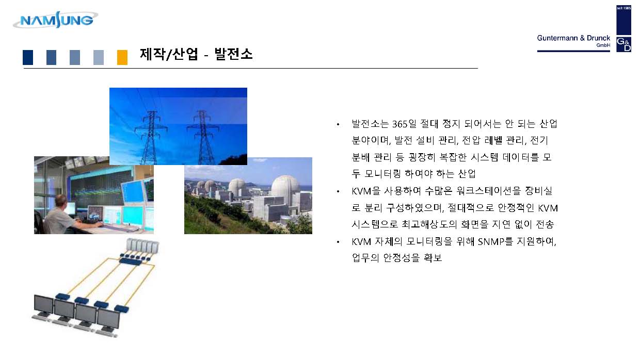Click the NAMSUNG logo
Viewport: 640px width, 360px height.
(55, 20)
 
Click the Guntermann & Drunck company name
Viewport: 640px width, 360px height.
(573, 38)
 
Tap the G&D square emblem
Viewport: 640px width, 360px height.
(623, 44)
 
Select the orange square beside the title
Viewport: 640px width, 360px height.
(122, 57)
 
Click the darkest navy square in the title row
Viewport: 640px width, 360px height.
(28, 57)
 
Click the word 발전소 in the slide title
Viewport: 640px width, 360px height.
(233, 54)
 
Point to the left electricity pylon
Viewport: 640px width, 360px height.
(151, 138)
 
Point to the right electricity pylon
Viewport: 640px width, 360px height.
(203, 138)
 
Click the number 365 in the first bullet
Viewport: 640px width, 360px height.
(399, 124)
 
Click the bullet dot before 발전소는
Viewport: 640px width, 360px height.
(338, 124)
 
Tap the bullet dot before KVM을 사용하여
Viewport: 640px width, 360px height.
(338, 191)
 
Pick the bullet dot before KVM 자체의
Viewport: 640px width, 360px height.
(338, 242)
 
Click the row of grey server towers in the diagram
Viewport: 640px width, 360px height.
(142, 246)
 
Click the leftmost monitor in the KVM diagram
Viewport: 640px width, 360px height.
(43, 306)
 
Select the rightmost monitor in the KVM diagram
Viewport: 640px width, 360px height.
(108, 320)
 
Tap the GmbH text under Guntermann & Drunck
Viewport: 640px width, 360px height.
(603, 45)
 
